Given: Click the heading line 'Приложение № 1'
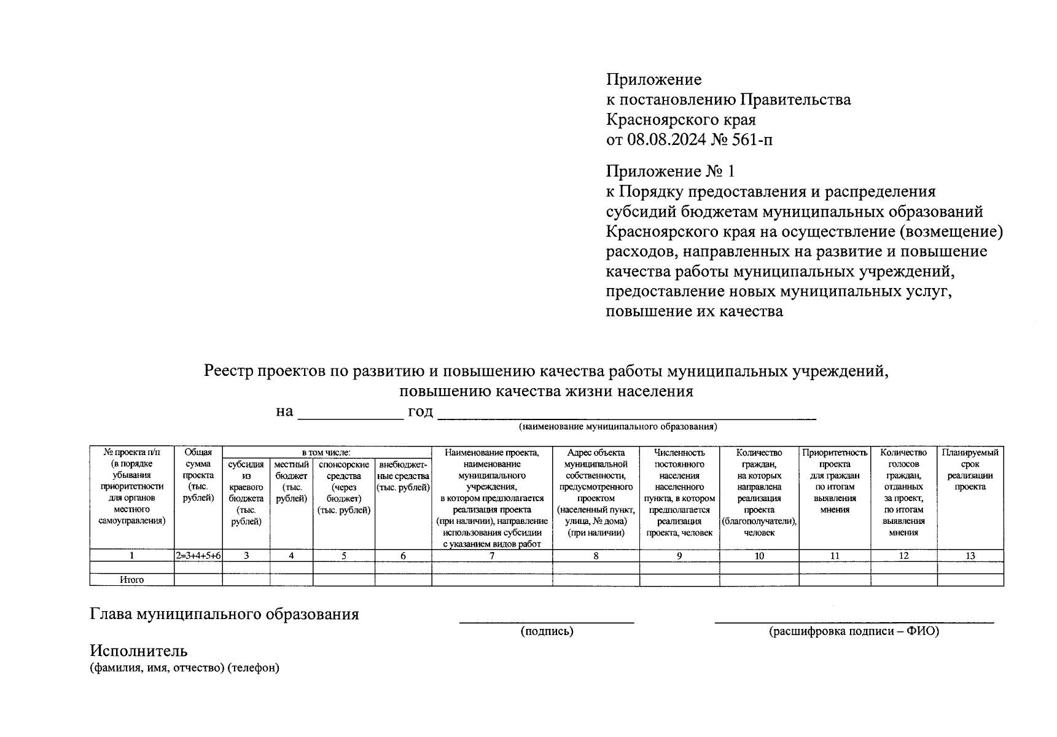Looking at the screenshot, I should (x=669, y=171).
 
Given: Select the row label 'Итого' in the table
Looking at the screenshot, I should (x=132, y=580).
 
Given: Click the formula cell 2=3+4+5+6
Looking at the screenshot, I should (x=198, y=556).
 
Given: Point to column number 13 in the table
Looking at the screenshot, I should (x=970, y=556).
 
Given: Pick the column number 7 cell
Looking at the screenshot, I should (x=492, y=556).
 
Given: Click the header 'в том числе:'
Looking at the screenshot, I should (x=326, y=453).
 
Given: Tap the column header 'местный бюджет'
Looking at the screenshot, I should (x=291, y=482).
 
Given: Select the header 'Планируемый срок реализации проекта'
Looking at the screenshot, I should (x=970, y=470).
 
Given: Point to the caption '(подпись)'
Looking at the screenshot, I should (x=547, y=631).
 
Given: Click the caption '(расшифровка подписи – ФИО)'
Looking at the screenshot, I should (x=854, y=631).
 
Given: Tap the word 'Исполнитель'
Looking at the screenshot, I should (x=139, y=651).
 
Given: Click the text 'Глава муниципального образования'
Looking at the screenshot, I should (x=224, y=614).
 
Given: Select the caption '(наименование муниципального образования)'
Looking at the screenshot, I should (x=618, y=426).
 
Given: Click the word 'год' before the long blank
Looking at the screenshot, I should (x=420, y=411).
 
